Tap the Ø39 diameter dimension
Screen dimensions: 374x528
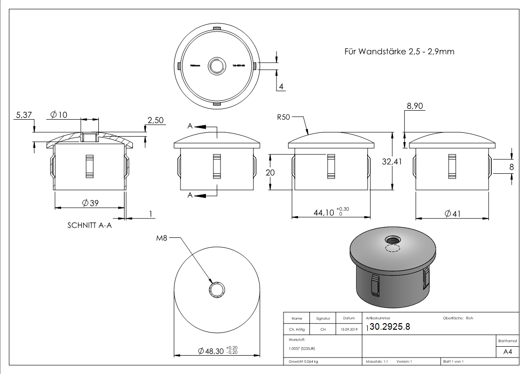90,203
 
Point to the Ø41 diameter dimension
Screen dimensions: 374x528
452,214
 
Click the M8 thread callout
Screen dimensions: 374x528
162,238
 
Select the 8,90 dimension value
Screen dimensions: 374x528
415,107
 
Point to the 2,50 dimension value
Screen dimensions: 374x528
155,121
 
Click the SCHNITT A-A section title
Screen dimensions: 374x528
90,225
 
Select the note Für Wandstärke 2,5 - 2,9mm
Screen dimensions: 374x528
399,51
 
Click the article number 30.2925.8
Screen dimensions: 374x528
390,327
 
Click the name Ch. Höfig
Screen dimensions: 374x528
296,330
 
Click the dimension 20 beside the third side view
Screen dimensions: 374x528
270,172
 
